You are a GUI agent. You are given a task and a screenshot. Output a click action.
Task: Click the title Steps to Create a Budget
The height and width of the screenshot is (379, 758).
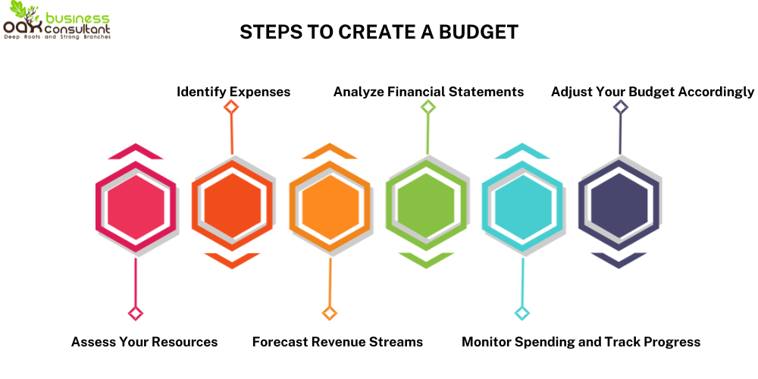tap(379, 32)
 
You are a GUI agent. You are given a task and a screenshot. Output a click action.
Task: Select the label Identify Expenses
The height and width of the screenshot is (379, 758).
tap(233, 92)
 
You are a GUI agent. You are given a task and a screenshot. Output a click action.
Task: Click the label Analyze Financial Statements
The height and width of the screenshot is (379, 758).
tap(428, 92)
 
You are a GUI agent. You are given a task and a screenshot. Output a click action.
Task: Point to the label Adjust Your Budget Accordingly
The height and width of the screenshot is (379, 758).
tap(653, 92)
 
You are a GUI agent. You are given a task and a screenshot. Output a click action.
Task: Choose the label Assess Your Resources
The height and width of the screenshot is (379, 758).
tap(144, 342)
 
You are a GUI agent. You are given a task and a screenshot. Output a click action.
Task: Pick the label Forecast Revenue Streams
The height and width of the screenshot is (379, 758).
tap(337, 342)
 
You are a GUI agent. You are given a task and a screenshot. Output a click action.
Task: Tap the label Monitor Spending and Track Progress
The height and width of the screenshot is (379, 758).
tap(581, 342)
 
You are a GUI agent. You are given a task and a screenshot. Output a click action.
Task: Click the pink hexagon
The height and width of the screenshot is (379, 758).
tap(136, 205)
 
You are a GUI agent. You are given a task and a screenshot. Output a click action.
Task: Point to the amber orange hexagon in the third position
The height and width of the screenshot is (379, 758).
tap(330, 205)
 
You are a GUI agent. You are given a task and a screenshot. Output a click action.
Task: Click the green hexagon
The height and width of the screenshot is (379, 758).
tap(427, 205)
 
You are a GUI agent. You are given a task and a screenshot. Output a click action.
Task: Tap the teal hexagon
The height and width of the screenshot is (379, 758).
tap(523, 205)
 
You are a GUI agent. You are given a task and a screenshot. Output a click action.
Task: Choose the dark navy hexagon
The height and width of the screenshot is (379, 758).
tap(620, 205)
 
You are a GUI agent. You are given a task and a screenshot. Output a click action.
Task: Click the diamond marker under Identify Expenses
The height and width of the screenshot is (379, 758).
tap(232, 107)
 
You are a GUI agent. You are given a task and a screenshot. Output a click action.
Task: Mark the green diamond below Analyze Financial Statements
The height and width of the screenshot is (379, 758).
tap(428, 107)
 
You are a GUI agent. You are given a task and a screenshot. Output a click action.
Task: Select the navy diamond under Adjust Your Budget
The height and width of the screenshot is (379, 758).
tap(621, 107)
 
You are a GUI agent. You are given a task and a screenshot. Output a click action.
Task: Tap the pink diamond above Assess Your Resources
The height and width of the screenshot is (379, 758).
tap(136, 313)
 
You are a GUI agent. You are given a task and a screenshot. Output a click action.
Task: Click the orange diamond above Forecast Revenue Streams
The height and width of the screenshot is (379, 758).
tap(330, 313)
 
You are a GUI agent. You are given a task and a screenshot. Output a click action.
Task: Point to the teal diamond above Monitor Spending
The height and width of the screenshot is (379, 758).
tap(522, 313)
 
